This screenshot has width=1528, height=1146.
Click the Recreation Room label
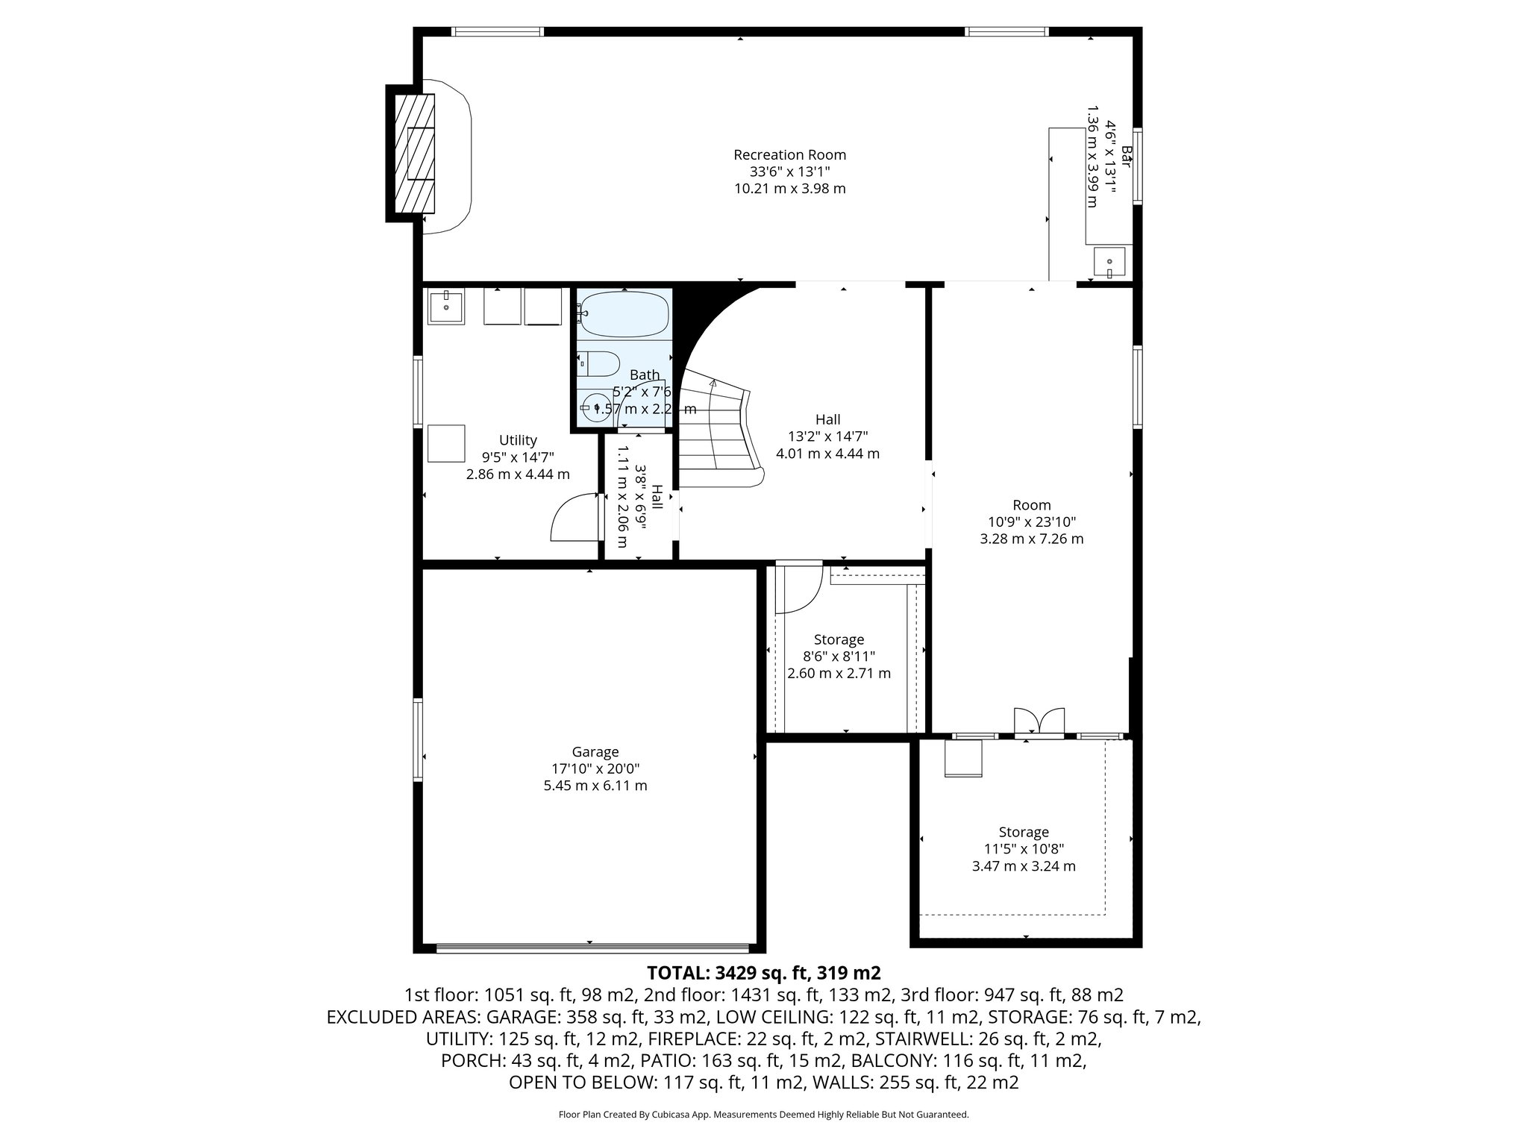(x=789, y=155)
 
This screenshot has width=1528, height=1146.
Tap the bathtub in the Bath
(x=623, y=314)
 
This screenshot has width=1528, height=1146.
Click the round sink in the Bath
(x=595, y=407)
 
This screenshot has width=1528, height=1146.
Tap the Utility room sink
(x=446, y=307)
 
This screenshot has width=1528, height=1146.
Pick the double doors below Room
(x=1039, y=722)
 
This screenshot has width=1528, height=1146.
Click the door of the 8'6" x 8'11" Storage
(x=798, y=589)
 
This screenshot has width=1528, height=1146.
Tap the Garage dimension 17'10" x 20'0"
(x=595, y=768)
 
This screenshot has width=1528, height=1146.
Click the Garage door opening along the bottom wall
(x=592, y=948)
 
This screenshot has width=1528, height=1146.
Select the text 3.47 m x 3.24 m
(x=1024, y=866)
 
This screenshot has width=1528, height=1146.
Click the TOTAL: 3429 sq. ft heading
(x=763, y=973)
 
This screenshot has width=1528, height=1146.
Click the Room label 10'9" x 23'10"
(x=1032, y=522)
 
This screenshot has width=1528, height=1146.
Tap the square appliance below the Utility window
(x=446, y=443)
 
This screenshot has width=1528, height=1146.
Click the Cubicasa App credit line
(x=763, y=1115)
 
